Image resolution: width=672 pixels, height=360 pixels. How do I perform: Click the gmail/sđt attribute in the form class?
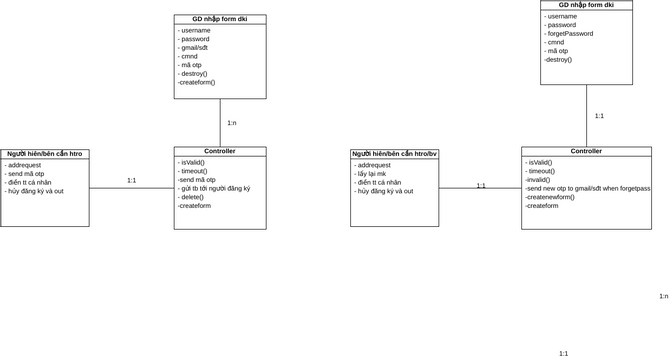point(193,48)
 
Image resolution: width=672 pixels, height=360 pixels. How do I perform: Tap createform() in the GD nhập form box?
point(197,82)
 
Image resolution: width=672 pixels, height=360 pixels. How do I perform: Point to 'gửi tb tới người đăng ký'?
point(215,188)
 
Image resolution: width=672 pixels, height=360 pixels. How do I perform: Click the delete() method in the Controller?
point(192,197)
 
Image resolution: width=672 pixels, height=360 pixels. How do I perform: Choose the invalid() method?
point(538,180)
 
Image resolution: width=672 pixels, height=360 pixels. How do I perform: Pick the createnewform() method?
point(550,197)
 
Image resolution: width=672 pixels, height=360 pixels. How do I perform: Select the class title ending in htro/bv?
point(394,154)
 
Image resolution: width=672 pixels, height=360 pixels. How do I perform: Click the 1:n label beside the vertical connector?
point(232,123)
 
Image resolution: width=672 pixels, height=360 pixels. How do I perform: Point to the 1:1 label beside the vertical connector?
point(599,116)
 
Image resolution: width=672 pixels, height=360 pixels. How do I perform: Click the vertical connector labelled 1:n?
point(220,123)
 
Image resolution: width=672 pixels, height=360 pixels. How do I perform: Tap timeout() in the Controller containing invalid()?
point(541,171)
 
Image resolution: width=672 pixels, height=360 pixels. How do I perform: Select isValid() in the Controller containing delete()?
point(192,162)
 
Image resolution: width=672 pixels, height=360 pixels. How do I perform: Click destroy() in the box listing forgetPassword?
point(558,59)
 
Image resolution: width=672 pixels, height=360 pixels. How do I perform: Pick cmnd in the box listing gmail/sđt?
point(188,56)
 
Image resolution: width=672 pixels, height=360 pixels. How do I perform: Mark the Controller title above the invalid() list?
point(586,151)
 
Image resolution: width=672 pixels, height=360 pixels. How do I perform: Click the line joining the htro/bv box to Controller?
point(480,188)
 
